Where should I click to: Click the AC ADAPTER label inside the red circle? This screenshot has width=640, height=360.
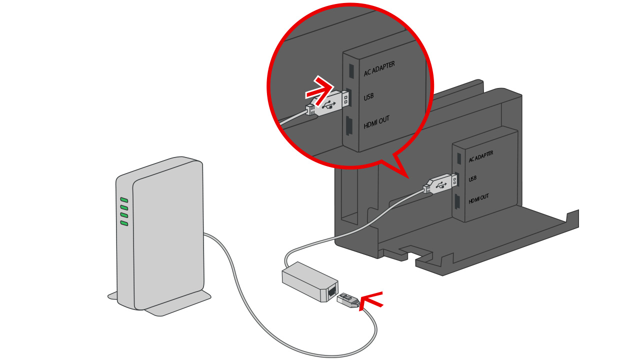coord(379,68)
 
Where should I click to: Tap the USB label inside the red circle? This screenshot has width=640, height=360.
coord(369,96)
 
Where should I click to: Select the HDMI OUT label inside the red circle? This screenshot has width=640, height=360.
coord(376,122)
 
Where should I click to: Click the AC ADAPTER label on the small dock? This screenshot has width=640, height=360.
coord(480,156)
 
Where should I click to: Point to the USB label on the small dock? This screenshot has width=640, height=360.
coord(472,178)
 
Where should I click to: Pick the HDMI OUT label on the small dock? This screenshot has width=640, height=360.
coord(478,198)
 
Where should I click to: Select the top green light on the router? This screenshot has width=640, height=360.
coord(124,200)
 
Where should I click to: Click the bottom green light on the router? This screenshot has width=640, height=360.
coord(124,223)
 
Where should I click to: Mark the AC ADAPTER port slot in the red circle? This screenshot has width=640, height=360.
coord(351,70)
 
